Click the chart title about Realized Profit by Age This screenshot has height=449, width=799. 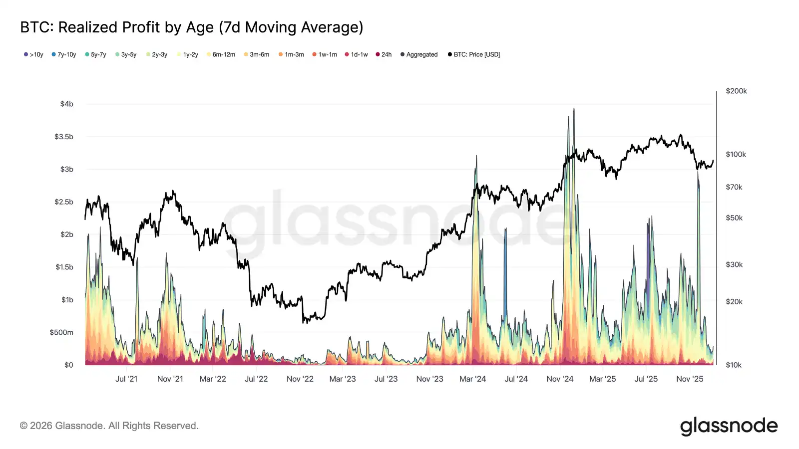click(191, 27)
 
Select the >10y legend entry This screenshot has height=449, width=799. click(33, 54)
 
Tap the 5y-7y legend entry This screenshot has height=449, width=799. click(95, 54)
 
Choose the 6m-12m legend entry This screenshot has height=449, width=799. click(221, 54)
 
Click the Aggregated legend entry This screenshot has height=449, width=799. click(419, 54)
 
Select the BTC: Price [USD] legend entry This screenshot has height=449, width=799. click(474, 54)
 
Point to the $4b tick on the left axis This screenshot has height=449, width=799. click(66, 104)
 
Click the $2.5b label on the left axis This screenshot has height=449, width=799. click(64, 202)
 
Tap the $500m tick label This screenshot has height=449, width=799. click(61, 332)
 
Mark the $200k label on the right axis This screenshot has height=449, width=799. click(736, 91)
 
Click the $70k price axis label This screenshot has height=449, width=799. click(734, 187)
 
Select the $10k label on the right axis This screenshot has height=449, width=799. click(734, 365)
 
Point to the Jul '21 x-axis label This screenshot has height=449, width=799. click(126, 379)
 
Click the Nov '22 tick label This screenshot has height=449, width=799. click(300, 379)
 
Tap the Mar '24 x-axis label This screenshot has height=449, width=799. click(472, 379)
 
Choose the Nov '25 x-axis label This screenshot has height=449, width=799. click(690, 379)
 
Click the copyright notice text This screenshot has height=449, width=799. click(109, 426)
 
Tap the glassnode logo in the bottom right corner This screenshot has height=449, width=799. click(729, 426)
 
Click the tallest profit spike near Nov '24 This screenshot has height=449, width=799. click(574, 109)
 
